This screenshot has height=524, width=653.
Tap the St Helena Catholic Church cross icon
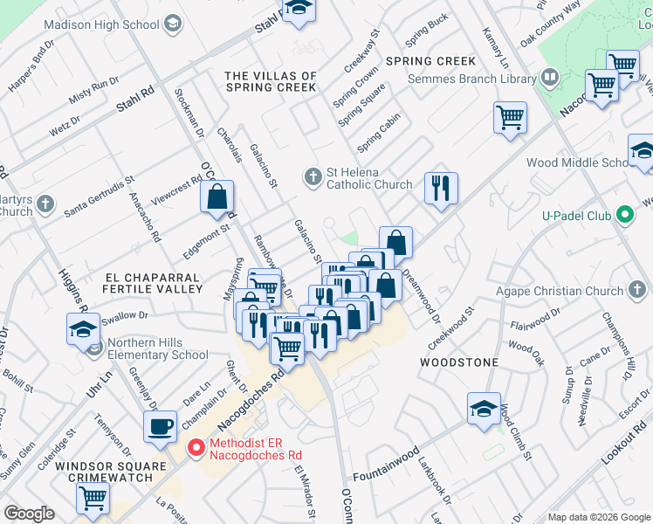point(313,177)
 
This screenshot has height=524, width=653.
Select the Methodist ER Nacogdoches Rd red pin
point(197,449)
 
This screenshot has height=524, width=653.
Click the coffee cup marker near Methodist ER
point(160,427)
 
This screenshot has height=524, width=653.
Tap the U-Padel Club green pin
point(623,214)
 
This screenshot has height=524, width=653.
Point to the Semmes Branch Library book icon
point(550,79)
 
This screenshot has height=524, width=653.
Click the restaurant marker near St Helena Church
point(441,187)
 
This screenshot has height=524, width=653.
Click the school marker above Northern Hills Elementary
point(84,330)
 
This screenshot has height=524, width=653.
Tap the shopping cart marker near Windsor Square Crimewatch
point(93,498)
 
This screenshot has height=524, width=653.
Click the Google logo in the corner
point(29,514)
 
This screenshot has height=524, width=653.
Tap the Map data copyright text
point(598,517)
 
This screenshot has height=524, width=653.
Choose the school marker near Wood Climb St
point(483,409)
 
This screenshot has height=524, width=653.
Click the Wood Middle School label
point(576,162)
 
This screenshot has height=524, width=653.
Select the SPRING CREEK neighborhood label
point(431,61)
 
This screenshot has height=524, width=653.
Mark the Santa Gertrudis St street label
point(98,195)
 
